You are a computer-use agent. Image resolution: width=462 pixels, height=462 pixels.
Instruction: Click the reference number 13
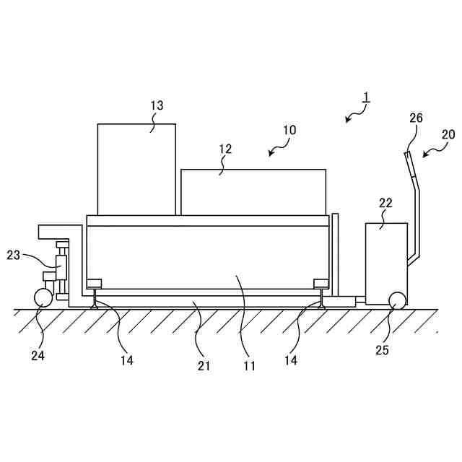tap(157, 105)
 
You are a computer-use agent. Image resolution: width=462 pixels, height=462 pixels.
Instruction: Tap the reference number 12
tap(225, 149)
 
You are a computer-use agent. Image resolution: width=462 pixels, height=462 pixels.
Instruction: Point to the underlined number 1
tap(366, 97)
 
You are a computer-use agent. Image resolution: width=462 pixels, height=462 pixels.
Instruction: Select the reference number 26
tap(416, 118)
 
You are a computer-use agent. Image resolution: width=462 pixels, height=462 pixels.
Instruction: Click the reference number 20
tap(448, 134)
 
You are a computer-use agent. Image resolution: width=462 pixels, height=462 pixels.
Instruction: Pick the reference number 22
tap(385, 203)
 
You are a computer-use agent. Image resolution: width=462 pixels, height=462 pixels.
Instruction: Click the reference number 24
tap(38, 354)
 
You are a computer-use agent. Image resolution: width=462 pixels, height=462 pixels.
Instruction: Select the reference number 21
tap(204, 366)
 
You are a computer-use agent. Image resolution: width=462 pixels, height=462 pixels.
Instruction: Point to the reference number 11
tap(249, 366)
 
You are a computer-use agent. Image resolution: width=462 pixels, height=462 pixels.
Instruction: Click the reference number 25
tap(382, 351)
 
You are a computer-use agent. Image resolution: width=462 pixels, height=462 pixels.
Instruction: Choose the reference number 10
tap(289, 131)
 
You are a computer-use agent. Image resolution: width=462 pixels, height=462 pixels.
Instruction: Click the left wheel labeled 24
tap(43, 297)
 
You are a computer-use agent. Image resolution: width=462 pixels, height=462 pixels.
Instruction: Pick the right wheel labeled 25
tap(396, 300)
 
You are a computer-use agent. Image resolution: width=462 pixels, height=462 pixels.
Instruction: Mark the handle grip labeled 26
tap(409, 165)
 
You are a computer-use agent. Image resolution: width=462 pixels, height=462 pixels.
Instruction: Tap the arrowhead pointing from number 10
tap(269, 154)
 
